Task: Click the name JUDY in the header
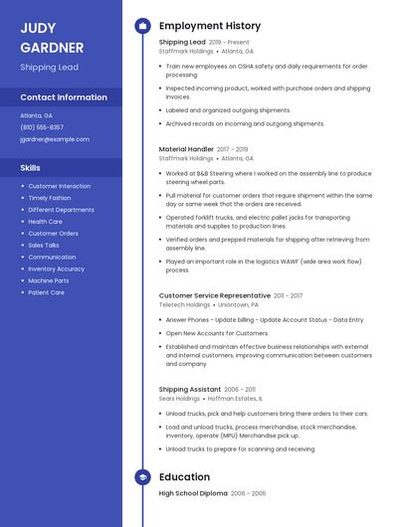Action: coord(38,28)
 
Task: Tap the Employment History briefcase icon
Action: coord(142,26)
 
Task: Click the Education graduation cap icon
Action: coord(142,477)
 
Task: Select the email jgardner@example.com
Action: coord(55,139)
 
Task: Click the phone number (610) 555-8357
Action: coord(42,127)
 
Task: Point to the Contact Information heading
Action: coord(64,97)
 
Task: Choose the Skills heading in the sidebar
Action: coord(31,168)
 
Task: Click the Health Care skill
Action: coord(45,222)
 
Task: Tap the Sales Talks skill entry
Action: coord(44,245)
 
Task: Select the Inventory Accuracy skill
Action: coord(56,268)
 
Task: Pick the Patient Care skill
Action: coord(46,292)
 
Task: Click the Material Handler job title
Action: coord(186,149)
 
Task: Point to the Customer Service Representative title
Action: coord(214,295)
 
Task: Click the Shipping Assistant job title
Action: coord(190,389)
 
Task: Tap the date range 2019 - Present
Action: coord(229,43)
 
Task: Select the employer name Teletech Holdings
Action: coord(184,305)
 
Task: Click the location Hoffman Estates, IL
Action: coord(235,399)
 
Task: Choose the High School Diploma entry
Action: coord(193,493)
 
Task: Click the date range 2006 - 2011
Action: coord(240,389)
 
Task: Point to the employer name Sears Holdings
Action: coord(179,399)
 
